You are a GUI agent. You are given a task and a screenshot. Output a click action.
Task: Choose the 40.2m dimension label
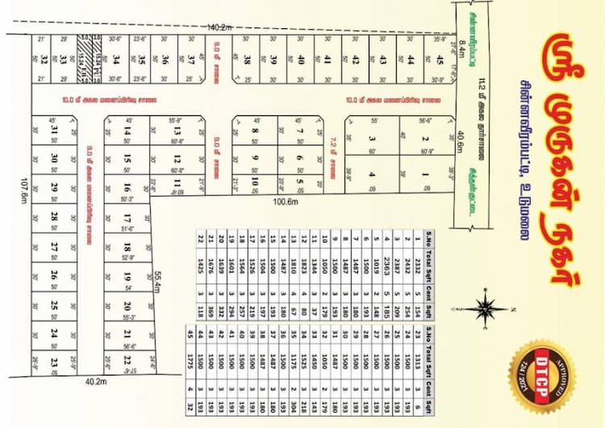click(x=97, y=382)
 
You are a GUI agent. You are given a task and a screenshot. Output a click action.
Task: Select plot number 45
click(x=440, y=59)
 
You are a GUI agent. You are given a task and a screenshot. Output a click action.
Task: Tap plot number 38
click(x=248, y=59)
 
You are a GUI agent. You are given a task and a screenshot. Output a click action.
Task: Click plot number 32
click(x=44, y=59)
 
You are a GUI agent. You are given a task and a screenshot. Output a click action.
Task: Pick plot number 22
click(x=127, y=360)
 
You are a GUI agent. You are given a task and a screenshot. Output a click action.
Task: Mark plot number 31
click(x=53, y=131)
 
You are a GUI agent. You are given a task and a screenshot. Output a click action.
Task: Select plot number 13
click(x=177, y=131)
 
